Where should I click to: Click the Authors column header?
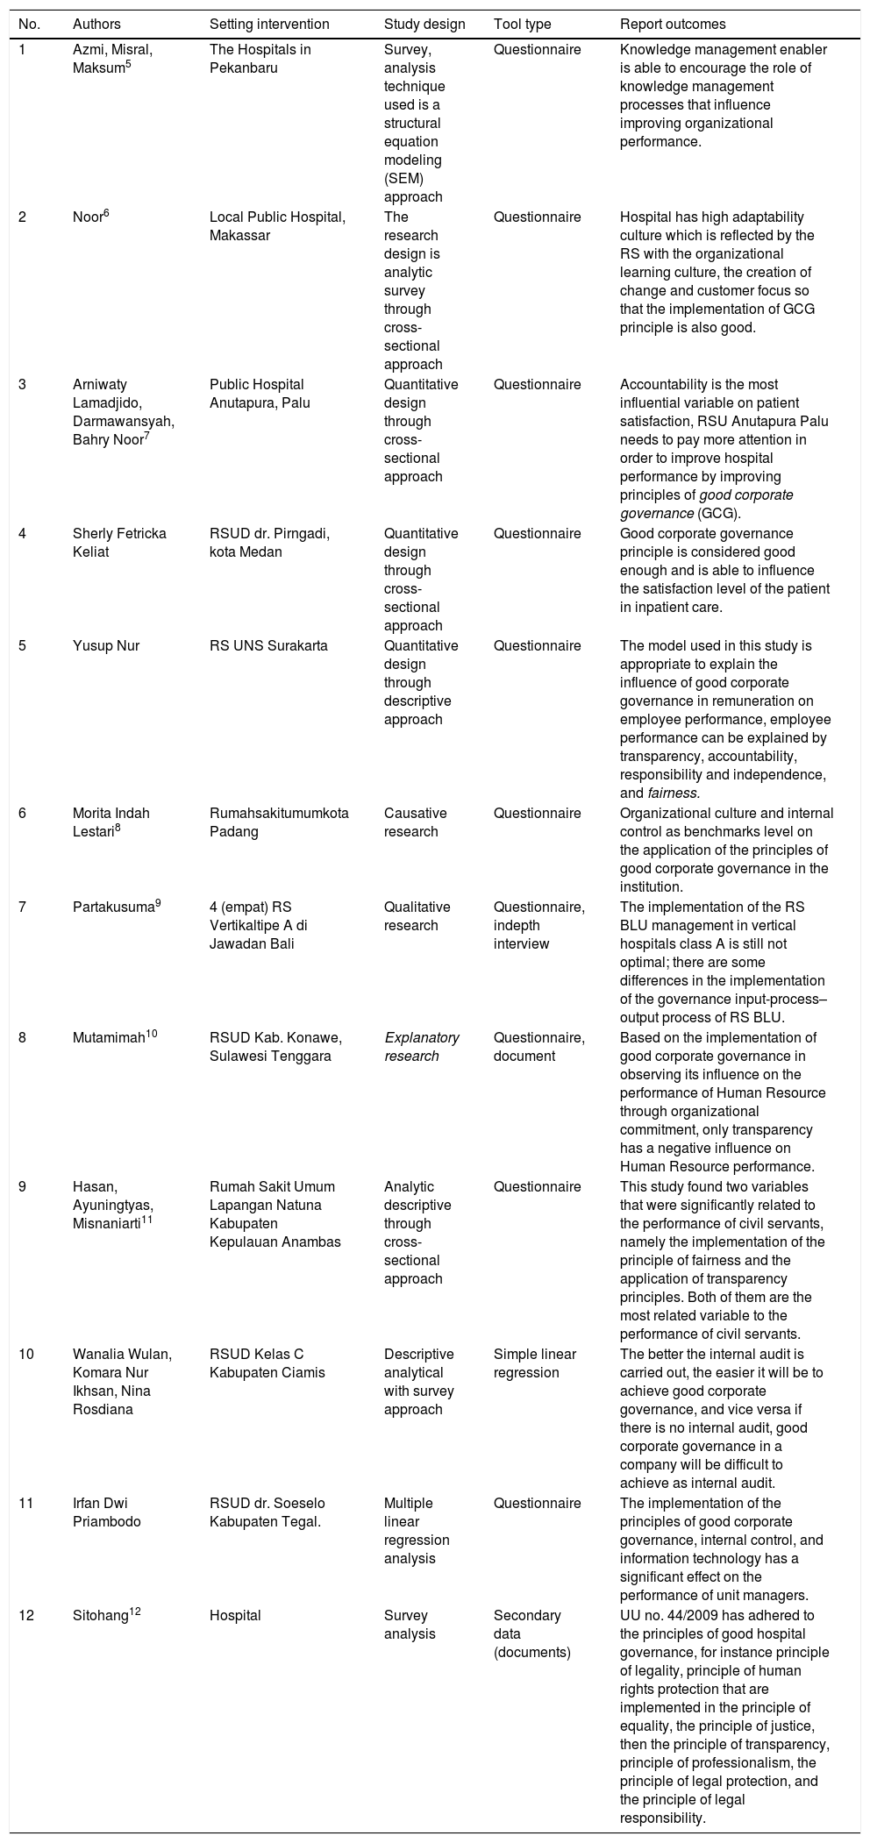(x=97, y=24)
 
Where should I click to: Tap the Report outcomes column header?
(x=673, y=24)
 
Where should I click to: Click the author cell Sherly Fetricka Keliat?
(x=119, y=543)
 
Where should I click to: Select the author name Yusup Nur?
(x=106, y=646)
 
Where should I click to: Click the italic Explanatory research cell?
(x=422, y=1047)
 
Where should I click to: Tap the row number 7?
(x=24, y=907)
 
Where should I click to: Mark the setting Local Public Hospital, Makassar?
(x=277, y=226)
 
